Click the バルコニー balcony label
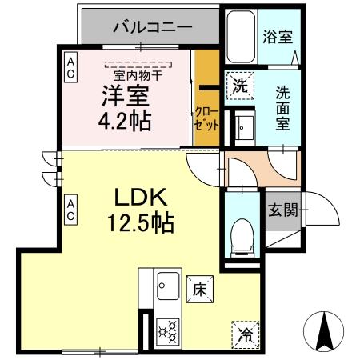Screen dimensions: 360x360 coord(152,27)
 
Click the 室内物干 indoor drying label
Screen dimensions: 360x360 coord(138,74)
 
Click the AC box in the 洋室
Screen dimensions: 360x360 coord(71,66)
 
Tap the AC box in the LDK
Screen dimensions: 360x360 coord(71,210)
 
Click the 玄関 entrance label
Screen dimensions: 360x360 coord(282,210)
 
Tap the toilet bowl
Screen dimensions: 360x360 coord(239,234)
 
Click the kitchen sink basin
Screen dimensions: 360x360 coord(168,286)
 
